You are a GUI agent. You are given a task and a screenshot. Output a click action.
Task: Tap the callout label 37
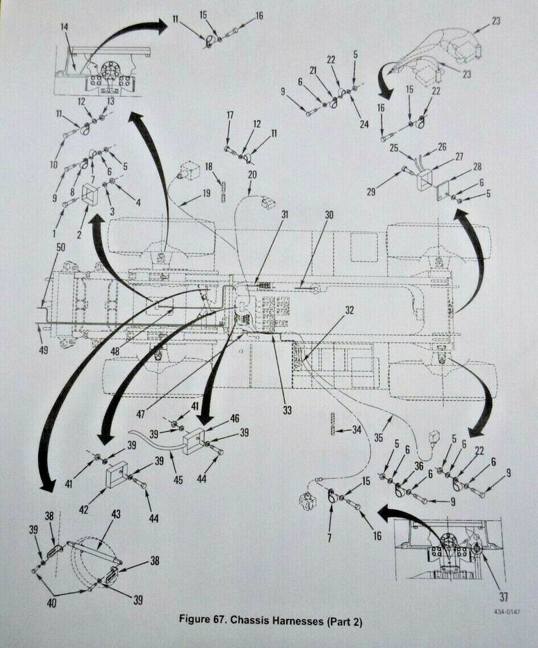point(503,596)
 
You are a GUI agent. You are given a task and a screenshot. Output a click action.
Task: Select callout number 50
point(60,247)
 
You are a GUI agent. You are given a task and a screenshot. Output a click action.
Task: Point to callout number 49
point(44,349)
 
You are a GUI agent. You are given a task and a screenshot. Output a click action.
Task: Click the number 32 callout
point(349,309)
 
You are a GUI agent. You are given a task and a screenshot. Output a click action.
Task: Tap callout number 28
point(477,166)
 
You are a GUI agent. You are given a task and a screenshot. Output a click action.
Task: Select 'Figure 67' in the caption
point(202,620)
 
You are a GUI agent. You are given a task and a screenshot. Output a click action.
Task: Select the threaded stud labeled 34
point(333,423)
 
